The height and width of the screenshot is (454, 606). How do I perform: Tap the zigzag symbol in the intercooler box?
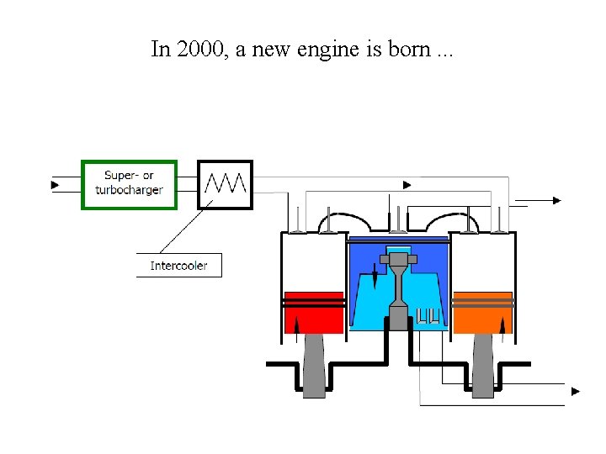coord(225,183)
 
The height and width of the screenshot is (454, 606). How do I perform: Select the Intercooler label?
coord(178,266)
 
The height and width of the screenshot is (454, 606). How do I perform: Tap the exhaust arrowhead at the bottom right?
coord(576,391)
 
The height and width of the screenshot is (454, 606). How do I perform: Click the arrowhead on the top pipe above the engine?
coord(407,185)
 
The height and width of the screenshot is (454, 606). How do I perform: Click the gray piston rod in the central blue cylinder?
coord(397,286)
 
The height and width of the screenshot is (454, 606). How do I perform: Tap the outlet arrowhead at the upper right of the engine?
coord(556,200)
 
